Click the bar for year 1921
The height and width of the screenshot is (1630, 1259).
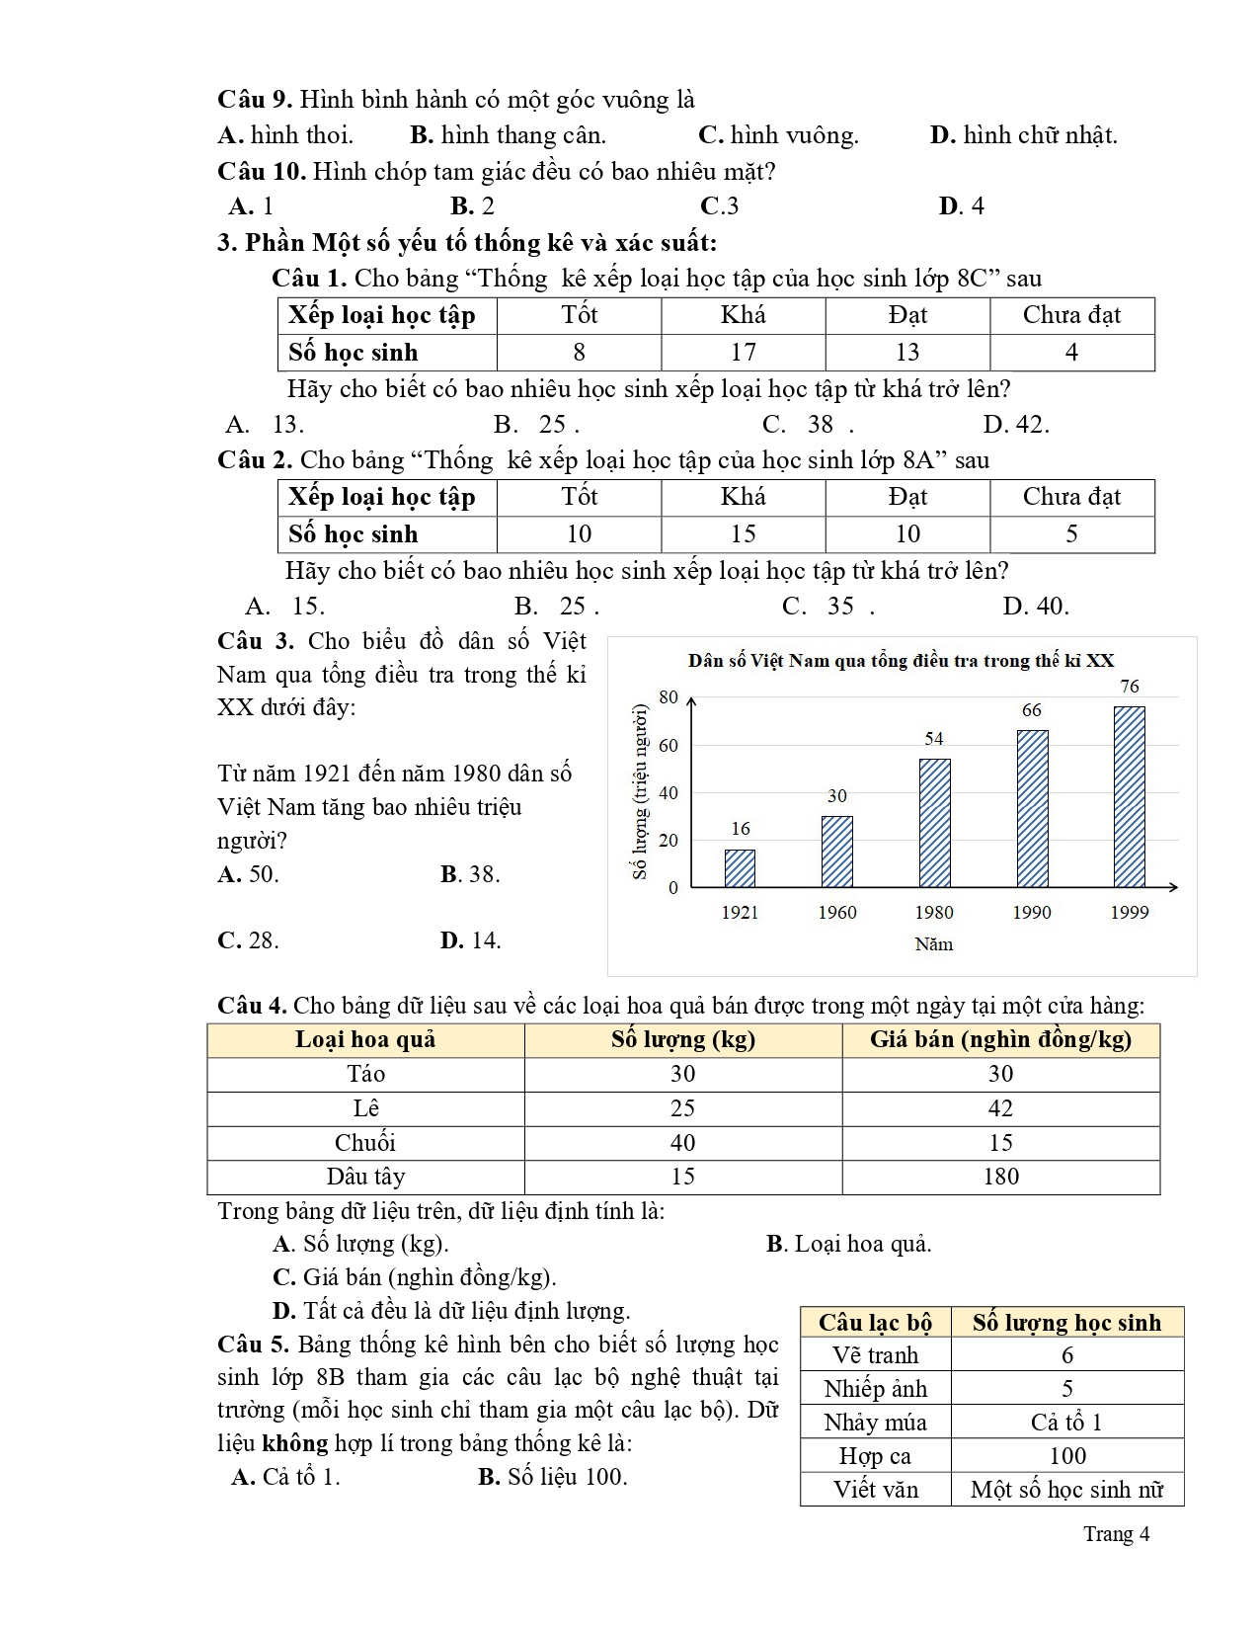tap(740, 868)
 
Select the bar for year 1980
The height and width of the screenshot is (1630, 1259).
tap(934, 823)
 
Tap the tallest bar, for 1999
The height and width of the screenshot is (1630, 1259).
tap(1129, 796)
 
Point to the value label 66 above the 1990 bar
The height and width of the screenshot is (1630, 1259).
tap(1031, 710)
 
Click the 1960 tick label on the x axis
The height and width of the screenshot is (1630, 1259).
tap(836, 913)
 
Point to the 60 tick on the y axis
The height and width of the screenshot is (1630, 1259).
tap(669, 745)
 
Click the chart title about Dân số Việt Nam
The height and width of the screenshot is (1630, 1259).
tap(902, 661)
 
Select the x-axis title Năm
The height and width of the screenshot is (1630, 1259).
tap(933, 944)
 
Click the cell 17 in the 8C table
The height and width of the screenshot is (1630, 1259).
tap(743, 353)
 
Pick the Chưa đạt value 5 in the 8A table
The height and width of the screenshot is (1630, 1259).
tap(1071, 534)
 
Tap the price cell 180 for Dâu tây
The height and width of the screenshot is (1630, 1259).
tap(1000, 1177)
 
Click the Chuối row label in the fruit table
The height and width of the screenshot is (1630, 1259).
tap(365, 1143)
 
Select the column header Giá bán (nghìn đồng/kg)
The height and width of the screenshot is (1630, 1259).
tap(1000, 1039)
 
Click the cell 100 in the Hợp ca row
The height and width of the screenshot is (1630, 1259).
tap(1066, 1456)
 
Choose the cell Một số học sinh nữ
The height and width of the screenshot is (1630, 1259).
tap(1066, 1490)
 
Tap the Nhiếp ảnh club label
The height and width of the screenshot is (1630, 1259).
tap(876, 1389)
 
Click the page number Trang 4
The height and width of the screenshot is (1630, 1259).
tap(1116, 1534)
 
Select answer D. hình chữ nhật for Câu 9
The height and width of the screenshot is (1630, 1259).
tap(1023, 135)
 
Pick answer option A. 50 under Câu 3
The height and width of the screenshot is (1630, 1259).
tap(249, 874)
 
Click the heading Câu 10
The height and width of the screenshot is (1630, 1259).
tap(261, 172)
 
